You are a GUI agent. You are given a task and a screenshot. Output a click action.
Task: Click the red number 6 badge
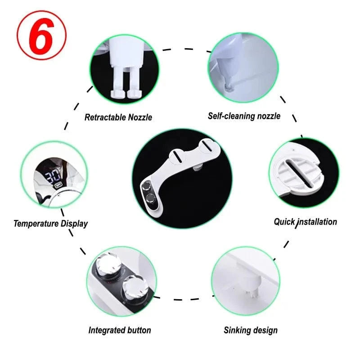(41, 36)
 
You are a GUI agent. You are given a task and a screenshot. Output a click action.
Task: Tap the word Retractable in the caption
(105, 117)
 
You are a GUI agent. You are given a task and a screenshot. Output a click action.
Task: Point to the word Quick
(284, 222)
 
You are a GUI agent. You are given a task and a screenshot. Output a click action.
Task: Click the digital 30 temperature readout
(53, 176)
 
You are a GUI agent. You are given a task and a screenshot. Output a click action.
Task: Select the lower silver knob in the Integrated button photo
(134, 288)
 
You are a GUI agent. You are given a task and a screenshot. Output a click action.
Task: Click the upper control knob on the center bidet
(146, 186)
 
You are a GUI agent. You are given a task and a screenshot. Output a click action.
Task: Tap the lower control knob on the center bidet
(151, 198)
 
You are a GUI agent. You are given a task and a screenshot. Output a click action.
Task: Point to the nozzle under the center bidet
(197, 168)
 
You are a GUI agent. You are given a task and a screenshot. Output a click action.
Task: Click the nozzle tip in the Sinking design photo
(252, 294)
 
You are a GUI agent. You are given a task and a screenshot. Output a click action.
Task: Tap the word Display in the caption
(74, 224)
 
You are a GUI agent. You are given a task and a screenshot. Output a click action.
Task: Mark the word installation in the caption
(317, 222)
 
